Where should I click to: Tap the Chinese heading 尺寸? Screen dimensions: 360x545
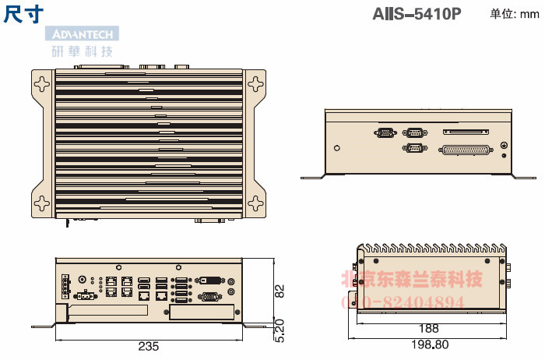click(x=23, y=13)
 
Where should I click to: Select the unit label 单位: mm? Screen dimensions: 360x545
click(x=514, y=13)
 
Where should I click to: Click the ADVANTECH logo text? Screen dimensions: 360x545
click(x=82, y=34)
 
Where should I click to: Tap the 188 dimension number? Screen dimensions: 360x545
click(x=428, y=328)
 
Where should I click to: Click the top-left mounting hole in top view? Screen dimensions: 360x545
click(x=41, y=79)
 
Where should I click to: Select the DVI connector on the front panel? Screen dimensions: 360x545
click(x=211, y=278)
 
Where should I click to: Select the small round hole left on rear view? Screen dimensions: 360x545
click(x=336, y=147)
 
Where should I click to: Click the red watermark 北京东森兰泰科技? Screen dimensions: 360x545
click(x=413, y=280)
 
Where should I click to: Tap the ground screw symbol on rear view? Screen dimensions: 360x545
click(x=504, y=146)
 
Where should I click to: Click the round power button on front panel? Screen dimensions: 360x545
click(x=83, y=278)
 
